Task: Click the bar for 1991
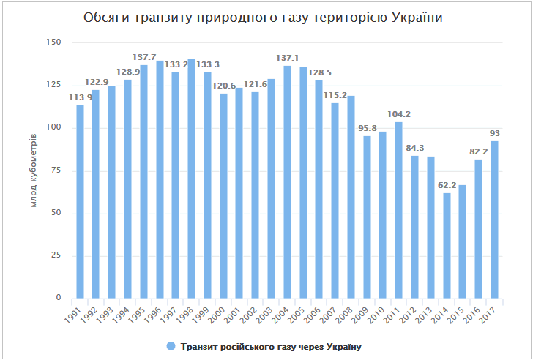pyautogui.click(x=80, y=202)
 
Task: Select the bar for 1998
pyautogui.click(x=192, y=179)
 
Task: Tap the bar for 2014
pyautogui.click(x=447, y=246)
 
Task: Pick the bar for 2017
pyautogui.click(x=495, y=220)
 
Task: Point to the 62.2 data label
pyautogui.click(x=447, y=186)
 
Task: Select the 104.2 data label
pyautogui.click(x=399, y=114)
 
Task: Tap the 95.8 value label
pyautogui.click(x=367, y=129)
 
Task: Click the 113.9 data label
pyautogui.click(x=80, y=98)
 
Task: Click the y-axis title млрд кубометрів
pyautogui.click(x=34, y=170)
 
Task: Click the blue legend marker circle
pyautogui.click(x=171, y=346)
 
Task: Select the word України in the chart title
pyautogui.click(x=420, y=17)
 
